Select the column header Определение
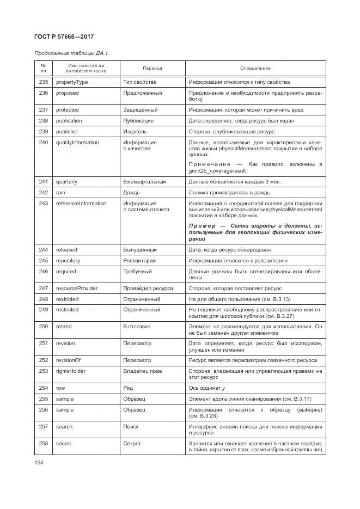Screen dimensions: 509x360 [x=255, y=68]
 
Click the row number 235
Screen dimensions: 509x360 [x=44, y=82]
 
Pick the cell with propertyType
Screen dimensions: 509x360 [x=72, y=82]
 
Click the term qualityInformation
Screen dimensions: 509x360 [x=77, y=143]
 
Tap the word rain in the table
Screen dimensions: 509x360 [x=60, y=192]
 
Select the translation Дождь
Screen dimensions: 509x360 [x=132, y=192]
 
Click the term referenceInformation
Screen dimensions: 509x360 [x=81, y=204]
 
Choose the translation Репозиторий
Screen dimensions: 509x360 [x=141, y=260]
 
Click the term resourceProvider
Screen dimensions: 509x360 [x=76, y=287]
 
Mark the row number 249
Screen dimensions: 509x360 [x=44, y=310]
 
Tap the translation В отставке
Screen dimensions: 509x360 [x=136, y=327]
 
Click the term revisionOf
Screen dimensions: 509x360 [x=68, y=360]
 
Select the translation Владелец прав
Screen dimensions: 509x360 [x=142, y=371]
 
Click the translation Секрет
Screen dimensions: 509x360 [x=132, y=444]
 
